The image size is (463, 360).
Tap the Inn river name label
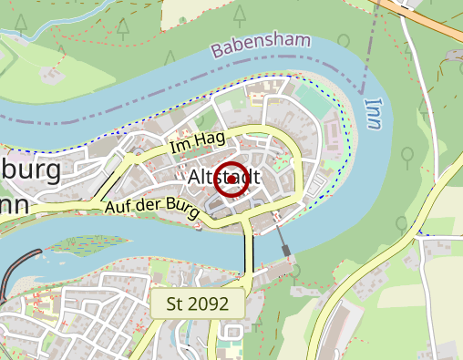(373, 112)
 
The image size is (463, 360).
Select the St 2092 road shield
(197, 303)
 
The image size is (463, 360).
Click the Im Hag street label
(197, 141)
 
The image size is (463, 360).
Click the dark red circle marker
(231, 180)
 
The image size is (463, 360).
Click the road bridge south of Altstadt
(247, 251)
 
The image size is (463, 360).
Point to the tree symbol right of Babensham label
(344, 42)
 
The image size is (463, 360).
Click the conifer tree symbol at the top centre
(239, 14)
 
